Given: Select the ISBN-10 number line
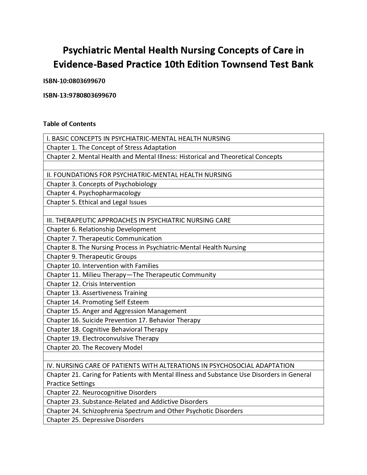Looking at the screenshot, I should click(74, 81).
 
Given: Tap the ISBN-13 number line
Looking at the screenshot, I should click(79, 96).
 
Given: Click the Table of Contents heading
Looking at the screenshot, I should click(69, 124).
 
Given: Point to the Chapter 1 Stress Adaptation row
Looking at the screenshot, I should click(111, 148).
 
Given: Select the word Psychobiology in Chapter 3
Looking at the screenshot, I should click(136, 184).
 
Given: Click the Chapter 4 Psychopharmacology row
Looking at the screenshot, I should click(94, 193).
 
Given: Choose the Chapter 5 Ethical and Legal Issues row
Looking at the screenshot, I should click(96, 202).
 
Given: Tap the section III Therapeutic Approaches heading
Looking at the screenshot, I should click(138, 221).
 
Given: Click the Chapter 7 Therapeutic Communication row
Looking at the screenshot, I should click(104, 239).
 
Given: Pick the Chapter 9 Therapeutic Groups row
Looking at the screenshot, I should click(92, 257).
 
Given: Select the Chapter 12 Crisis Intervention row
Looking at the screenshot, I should click(91, 284).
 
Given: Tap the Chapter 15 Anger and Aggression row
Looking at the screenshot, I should click(116, 311).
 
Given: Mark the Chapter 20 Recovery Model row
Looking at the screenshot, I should click(94, 348).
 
